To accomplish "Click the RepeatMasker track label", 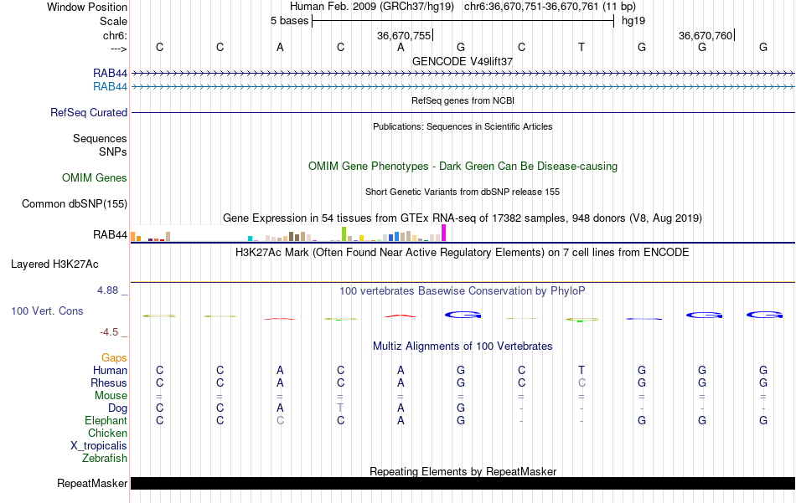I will tap(92, 484).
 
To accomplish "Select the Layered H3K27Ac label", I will tap(54, 264).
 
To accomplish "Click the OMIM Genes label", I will tap(95, 178).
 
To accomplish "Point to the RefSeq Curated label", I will tap(89, 113).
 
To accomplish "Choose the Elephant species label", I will tap(106, 421).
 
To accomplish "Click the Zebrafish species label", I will tap(105, 459).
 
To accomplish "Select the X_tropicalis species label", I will tap(99, 446).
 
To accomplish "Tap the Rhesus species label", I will tap(109, 383).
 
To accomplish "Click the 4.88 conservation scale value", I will tap(111, 290).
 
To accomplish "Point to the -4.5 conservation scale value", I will tap(113, 332).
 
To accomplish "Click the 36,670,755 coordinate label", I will tap(404, 36).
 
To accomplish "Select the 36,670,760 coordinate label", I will tap(706, 36).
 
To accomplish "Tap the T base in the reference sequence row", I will tap(581, 48).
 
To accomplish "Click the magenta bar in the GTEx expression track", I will tap(444, 234).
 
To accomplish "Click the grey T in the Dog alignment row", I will tap(340, 408).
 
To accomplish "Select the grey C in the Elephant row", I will tap(280, 421).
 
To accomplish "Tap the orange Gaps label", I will tap(114, 358).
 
